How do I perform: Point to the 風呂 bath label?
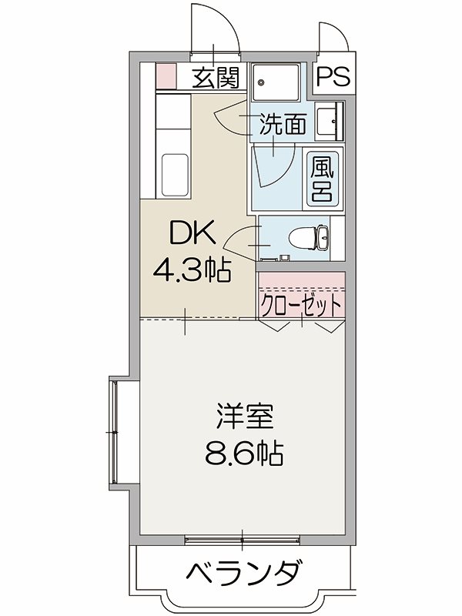tap(321, 179)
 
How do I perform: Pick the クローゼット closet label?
tap(301, 305)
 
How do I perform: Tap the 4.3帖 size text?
tap(192, 270)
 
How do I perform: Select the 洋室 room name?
tap(243, 418)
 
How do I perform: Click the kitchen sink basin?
tap(176, 176)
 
